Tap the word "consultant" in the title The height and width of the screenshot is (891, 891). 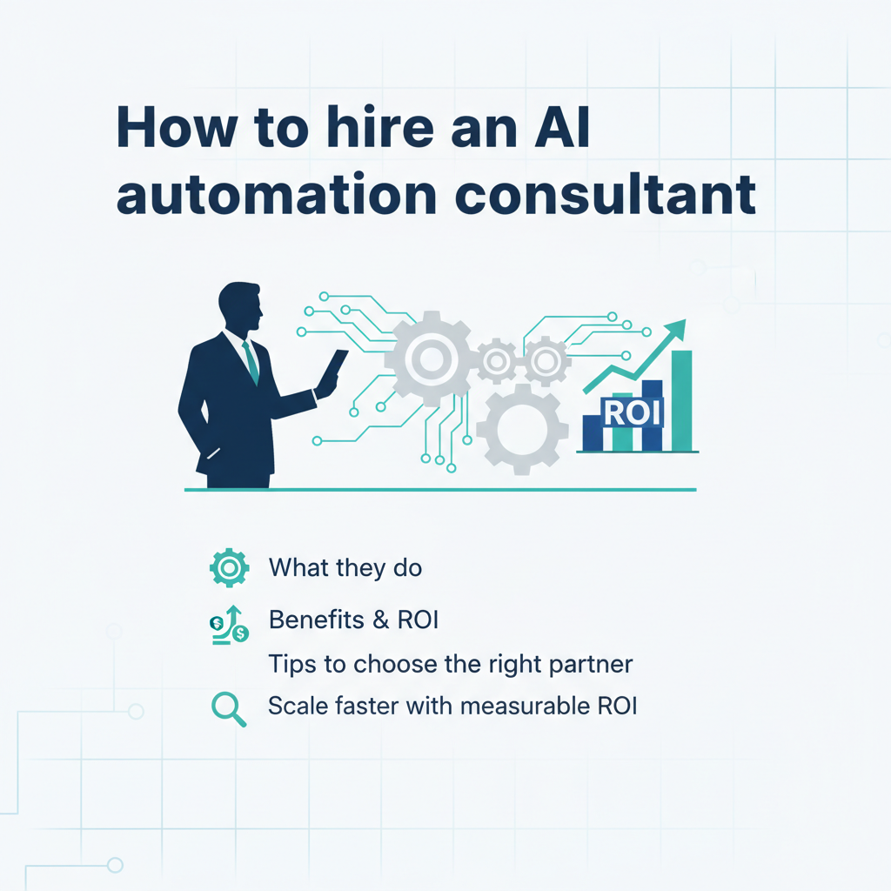point(606,194)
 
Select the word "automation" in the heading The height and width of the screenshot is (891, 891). point(276,194)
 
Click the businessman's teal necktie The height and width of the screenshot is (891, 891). point(251,363)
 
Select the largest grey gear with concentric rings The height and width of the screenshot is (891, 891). point(430,358)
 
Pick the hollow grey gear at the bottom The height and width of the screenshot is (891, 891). point(522,430)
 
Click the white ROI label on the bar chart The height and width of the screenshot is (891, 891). point(633,413)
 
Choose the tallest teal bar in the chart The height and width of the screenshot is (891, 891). point(682,400)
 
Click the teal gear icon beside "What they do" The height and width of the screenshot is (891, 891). point(229,567)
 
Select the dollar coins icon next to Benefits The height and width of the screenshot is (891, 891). point(229,625)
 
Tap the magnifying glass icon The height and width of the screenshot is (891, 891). point(229,708)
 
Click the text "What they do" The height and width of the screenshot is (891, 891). point(345,567)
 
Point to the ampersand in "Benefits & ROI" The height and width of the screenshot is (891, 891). point(381,620)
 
